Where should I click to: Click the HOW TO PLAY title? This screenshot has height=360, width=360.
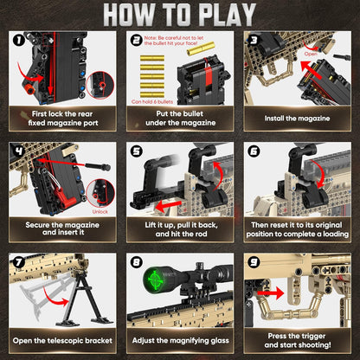[179, 16]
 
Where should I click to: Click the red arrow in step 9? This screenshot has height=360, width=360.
[270, 292]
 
